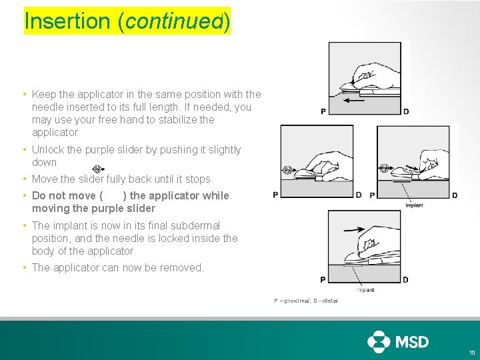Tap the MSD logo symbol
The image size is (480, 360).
pos(379,341)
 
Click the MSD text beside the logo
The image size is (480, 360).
pos(413,342)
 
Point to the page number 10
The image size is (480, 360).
pos(472,353)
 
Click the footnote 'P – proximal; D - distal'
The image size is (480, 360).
pos(305,301)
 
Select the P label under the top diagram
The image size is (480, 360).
pos(323,111)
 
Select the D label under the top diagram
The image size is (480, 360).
pos(406,111)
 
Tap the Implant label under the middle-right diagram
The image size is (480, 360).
pos(414,205)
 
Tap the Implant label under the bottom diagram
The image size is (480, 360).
pos(365,290)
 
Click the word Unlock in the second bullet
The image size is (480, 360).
pos(48,150)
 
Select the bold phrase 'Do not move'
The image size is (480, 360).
pos(63,196)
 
